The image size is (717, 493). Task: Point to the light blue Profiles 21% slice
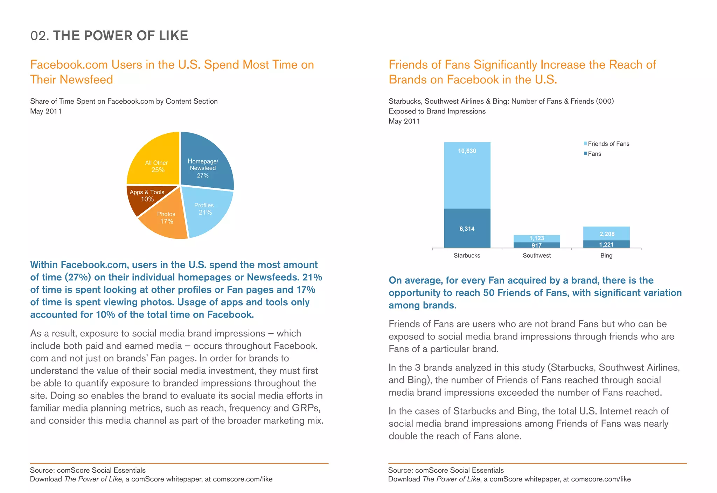[207, 212]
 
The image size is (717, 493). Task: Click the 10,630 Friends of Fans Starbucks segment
[467, 175]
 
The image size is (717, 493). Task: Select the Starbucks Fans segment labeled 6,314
[467, 229]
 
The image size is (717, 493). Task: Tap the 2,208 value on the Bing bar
[607, 234]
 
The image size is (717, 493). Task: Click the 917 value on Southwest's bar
[537, 245]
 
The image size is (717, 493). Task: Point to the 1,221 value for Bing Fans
[606, 245]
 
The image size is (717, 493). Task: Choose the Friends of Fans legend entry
[608, 144]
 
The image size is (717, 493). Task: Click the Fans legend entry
[594, 154]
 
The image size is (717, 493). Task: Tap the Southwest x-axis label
[537, 256]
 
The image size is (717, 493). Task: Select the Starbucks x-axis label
[467, 256]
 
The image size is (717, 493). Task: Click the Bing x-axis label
[606, 256]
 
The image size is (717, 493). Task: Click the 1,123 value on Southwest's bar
[537, 238]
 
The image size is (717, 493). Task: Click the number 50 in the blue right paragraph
[489, 293]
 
